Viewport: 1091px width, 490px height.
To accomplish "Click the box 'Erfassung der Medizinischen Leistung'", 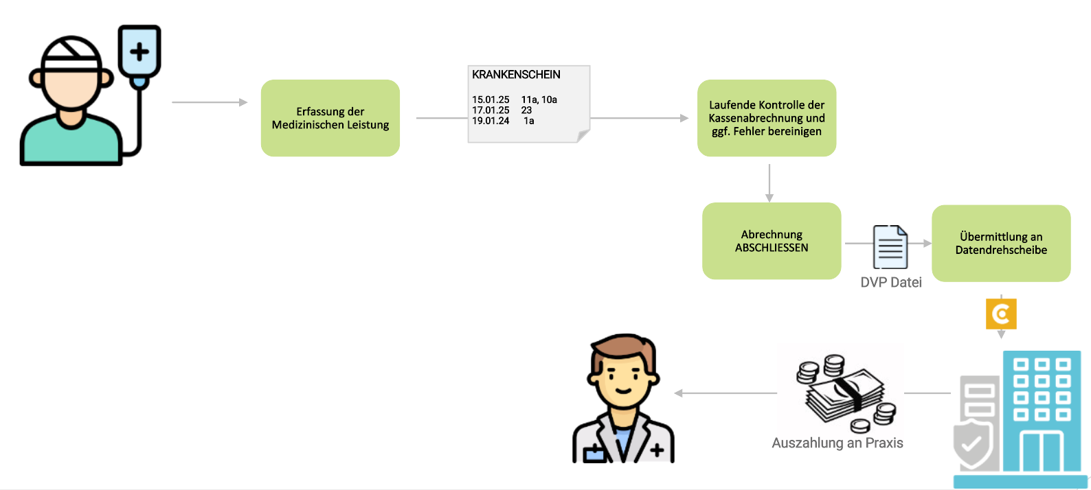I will [x=330, y=118].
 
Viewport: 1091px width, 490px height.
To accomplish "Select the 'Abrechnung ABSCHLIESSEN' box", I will [x=771, y=241].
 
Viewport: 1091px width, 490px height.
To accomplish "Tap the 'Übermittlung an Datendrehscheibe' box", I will [x=1000, y=243].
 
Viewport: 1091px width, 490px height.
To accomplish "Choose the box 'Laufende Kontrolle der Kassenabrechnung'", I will [x=766, y=118].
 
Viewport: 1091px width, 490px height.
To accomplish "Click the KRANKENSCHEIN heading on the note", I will [x=516, y=75].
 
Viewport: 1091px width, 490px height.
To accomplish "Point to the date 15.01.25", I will [x=491, y=100].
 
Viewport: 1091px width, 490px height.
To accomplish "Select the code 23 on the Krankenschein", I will [x=526, y=110].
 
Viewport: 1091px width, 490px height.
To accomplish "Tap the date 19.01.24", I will [x=491, y=121].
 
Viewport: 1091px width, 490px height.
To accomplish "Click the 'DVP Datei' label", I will [x=890, y=282].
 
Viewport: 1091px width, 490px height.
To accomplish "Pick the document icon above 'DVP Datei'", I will [x=890, y=247].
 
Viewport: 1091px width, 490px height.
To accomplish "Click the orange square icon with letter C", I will [x=1001, y=314].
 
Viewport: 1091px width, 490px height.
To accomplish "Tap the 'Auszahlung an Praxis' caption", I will [x=837, y=443].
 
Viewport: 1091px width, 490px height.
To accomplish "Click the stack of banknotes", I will [x=845, y=395].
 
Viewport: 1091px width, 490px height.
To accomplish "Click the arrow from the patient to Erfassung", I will [x=209, y=102].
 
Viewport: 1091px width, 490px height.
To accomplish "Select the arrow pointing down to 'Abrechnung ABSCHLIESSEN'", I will [x=769, y=183].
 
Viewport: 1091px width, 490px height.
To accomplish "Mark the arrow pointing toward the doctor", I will [x=725, y=393].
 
